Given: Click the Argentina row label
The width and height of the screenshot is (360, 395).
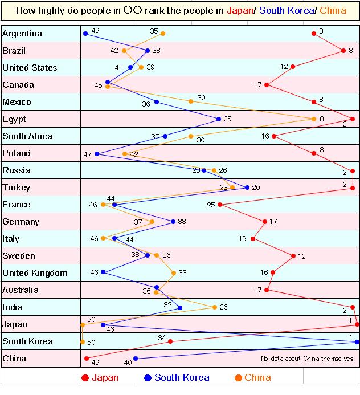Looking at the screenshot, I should coord(22,34).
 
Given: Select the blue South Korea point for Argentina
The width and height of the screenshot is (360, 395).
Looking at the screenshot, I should coord(85,34).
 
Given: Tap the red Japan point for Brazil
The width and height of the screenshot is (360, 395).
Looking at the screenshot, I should coord(343,51).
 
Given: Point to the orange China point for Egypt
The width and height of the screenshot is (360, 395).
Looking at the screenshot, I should coord(314,119).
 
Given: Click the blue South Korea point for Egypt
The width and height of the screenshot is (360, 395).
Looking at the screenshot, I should coord(219,119).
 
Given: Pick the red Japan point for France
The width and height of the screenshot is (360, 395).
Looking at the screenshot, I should coord(219,205).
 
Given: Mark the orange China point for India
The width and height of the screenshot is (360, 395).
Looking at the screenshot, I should coord(215,307).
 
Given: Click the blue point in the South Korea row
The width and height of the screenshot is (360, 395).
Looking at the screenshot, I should coord(357,342).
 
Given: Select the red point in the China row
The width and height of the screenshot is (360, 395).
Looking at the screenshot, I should coord(87,359).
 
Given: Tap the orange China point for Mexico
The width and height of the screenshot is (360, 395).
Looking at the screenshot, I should coord(191,102).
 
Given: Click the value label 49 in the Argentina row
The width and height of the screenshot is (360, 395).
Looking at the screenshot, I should coord(96,31).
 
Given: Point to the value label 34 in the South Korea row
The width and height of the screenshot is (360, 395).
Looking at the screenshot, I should coord(162,338).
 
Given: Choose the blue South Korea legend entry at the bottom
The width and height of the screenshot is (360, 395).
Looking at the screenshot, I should coord(177,377).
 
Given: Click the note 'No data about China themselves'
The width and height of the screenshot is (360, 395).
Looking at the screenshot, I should coord(307,359).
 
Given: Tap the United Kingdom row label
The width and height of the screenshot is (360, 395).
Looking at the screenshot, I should coord(35,273).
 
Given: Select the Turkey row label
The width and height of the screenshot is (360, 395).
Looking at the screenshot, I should coord(17,188).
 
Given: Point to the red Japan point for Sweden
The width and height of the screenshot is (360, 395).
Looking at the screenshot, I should coord(294,256).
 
